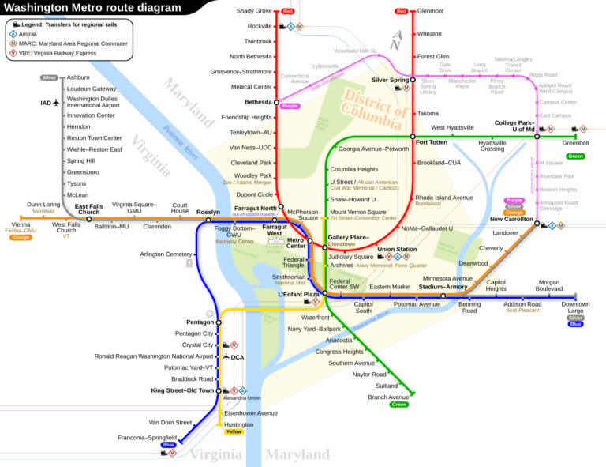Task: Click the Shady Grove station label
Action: pos(254,11)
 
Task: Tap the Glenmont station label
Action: pos(430,11)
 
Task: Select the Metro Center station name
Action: pos(296,243)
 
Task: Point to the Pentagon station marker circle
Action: pos(219,322)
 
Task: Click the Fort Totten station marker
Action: pos(413,137)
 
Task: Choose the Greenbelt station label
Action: pos(575,143)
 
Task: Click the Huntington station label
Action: pos(239,424)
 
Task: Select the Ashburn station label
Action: pos(78,77)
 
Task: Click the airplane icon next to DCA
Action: pos(226,357)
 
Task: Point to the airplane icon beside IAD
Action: pos(56,103)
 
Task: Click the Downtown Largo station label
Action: pos(575,308)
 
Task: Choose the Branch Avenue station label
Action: pos(388,397)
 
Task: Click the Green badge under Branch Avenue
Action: pos(399,405)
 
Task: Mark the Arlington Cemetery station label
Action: pos(166,254)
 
